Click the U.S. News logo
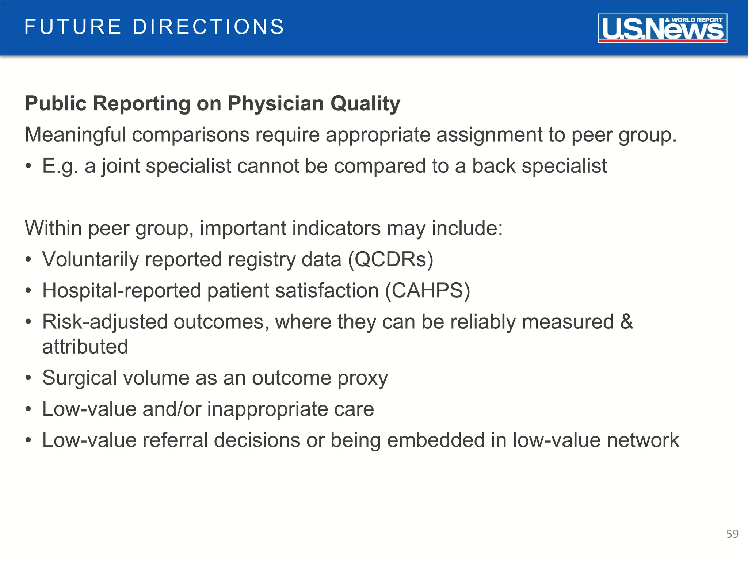[662, 28]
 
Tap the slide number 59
[732, 534]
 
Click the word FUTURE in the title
[73, 27]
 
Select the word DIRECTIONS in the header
[208, 27]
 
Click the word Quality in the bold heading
[365, 103]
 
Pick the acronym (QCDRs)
[390, 260]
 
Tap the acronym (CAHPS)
[427, 291]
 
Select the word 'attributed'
[85, 347]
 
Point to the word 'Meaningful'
[75, 135]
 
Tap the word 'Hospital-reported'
[122, 291]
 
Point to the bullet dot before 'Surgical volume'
[28, 378]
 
